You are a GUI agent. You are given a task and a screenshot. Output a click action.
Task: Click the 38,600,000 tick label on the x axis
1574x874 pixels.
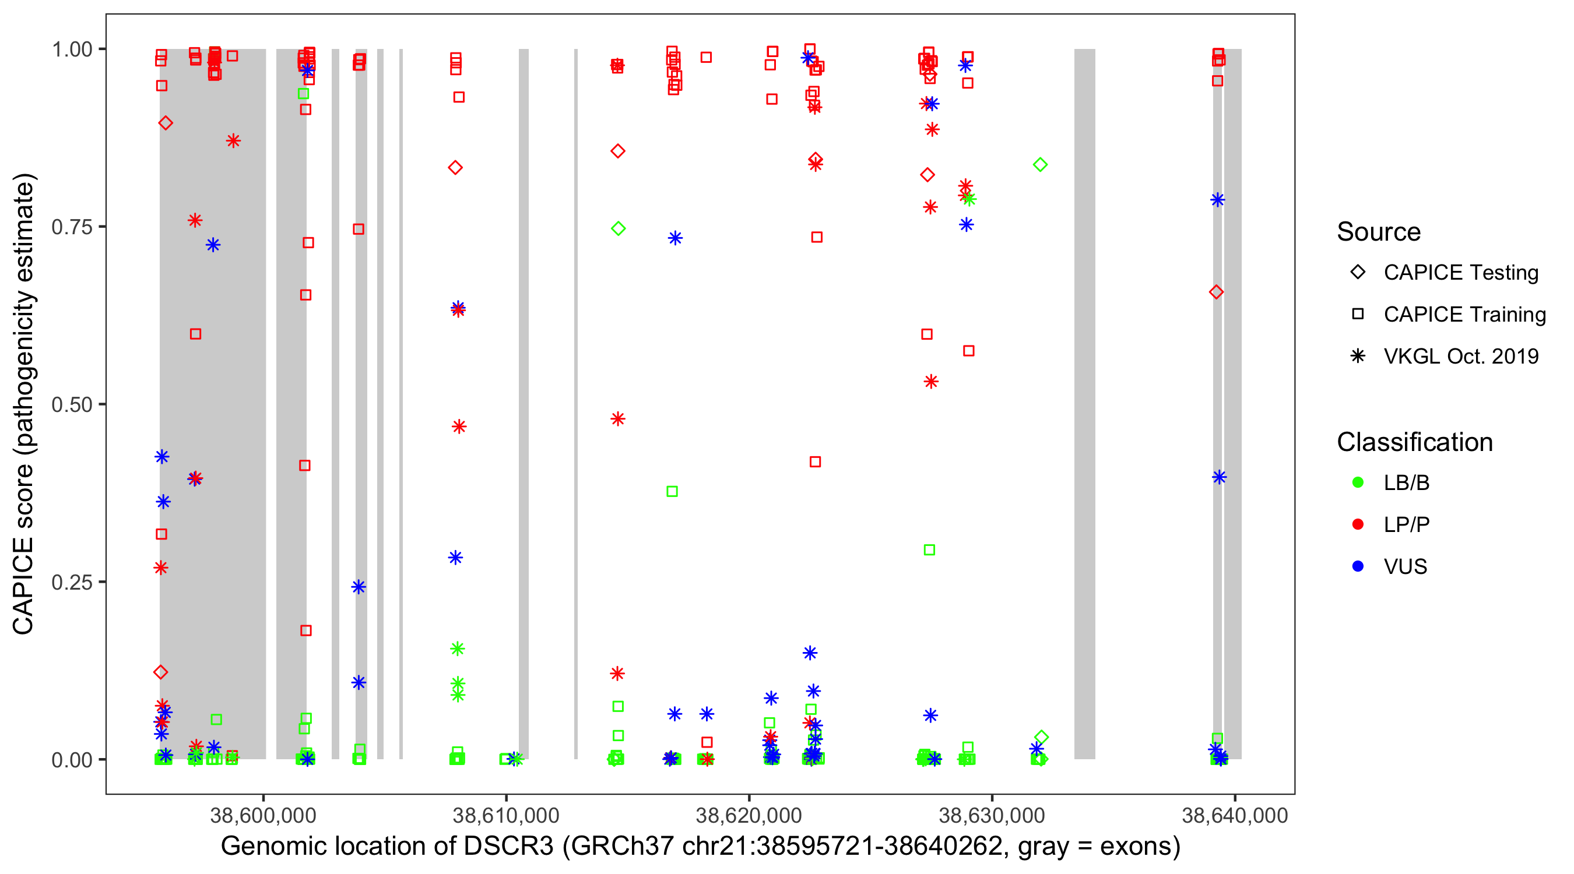[x=263, y=815]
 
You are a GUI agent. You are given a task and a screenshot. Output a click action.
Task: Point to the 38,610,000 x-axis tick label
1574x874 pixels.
[x=506, y=815]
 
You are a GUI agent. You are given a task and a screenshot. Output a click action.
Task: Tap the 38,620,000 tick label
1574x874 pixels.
[x=749, y=815]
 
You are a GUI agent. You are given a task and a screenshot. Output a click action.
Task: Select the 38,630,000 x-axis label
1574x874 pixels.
[x=992, y=815]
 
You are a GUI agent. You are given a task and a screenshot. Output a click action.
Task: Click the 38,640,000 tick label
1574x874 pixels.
[x=1235, y=815]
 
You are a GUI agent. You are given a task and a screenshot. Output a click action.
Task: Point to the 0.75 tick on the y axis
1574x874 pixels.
[x=72, y=227]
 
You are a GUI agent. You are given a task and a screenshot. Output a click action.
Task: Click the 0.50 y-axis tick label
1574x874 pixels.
[x=72, y=404]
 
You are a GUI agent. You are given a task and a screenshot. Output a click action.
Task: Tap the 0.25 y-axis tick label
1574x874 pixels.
[x=72, y=582]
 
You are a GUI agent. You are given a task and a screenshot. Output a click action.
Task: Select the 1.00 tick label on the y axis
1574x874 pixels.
[x=72, y=50]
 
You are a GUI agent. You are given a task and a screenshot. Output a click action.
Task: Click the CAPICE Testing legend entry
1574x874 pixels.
[x=1460, y=273]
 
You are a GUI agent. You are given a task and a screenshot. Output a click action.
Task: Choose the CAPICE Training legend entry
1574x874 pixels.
[x=1464, y=315]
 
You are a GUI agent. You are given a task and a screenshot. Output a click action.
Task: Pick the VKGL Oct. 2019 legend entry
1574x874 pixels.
[x=1460, y=356]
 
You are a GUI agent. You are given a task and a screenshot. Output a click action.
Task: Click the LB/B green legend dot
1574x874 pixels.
[x=1358, y=482]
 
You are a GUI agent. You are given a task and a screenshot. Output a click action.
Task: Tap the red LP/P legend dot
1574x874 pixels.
[x=1358, y=524]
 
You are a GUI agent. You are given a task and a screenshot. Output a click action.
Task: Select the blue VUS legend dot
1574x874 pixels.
[x=1358, y=567]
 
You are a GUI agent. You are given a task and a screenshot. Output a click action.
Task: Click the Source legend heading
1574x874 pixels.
[x=1379, y=232]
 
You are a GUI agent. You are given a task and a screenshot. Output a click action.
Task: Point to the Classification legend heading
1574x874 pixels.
[x=1414, y=442]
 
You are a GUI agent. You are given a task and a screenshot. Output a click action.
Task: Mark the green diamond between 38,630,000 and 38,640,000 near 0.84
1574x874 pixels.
[x=1040, y=165]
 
